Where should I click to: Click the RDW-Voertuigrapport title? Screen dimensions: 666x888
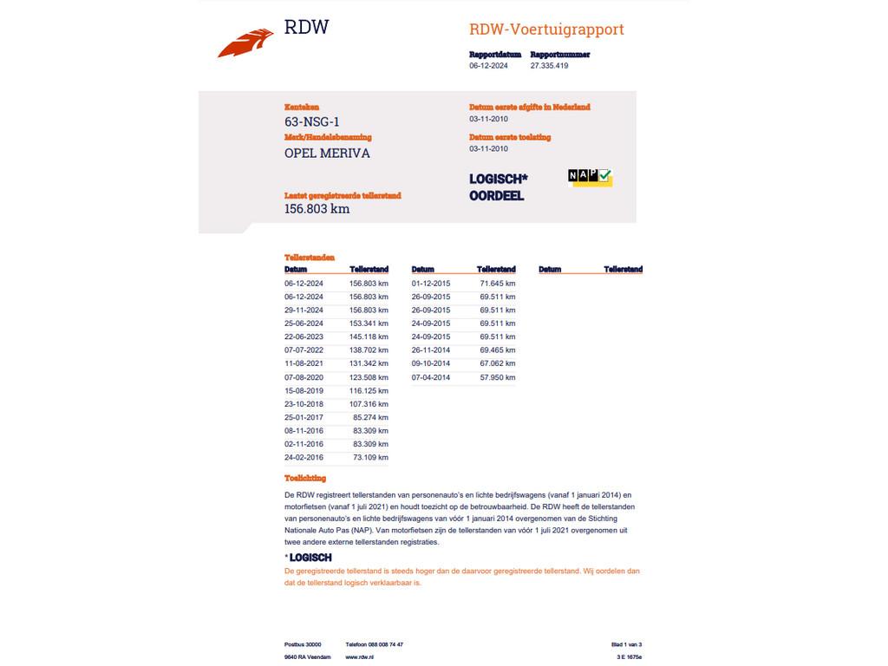point(546,29)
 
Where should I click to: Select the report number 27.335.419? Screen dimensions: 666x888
point(549,66)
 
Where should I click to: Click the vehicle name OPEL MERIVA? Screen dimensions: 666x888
point(327,153)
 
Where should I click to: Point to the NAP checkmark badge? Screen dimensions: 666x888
point(590,177)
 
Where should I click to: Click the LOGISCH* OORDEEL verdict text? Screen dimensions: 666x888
point(498,187)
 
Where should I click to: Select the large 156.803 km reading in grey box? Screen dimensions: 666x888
point(317,209)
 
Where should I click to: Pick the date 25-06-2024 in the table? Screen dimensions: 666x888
point(304,323)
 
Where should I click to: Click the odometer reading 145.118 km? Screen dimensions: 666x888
point(369,336)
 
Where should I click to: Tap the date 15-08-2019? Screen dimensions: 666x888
point(304,390)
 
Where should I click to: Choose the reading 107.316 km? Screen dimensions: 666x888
point(369,404)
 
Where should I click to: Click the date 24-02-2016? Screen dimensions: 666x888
point(304,457)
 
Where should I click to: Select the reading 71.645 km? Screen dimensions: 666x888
point(497,284)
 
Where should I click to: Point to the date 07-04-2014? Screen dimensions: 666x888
point(431,377)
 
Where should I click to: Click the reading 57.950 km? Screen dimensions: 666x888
point(497,377)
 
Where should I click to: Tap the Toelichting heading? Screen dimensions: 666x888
point(305,479)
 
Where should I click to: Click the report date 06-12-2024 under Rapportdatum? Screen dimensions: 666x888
point(488,66)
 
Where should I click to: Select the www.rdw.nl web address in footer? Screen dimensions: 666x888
point(360,657)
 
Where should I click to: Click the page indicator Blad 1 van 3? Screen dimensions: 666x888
point(626,644)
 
